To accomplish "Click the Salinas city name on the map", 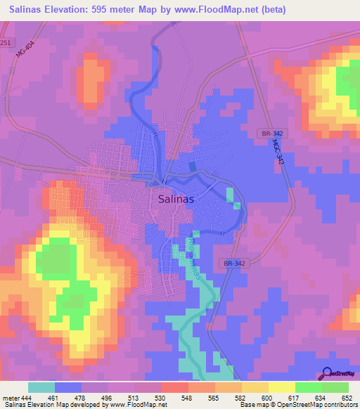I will click(x=173, y=199).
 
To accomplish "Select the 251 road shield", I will click(x=5, y=43).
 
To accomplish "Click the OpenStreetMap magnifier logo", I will click(x=326, y=373).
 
